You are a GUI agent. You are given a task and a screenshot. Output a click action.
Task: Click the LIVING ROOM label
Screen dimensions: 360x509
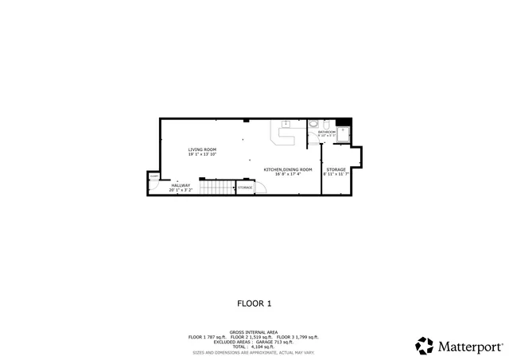coord(202,149)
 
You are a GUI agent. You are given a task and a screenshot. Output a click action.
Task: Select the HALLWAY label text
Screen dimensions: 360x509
coord(181,185)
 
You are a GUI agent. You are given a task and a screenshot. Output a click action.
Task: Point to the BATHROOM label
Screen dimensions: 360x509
coord(327,132)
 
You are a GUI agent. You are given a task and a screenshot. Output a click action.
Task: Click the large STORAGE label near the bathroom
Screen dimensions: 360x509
coord(336,169)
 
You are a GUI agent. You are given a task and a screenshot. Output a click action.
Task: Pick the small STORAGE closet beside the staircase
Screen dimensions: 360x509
coord(245,188)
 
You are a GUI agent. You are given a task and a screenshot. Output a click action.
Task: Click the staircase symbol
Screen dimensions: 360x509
coord(216,188)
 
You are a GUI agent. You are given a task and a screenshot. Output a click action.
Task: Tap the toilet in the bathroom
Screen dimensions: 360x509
coord(314,124)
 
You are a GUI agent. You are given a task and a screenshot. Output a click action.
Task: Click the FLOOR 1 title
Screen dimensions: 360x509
coord(254,303)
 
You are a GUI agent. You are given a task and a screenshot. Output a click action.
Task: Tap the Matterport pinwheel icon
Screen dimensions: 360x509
coord(425,346)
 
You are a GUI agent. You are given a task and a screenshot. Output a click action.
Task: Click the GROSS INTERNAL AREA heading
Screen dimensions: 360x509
coord(254,333)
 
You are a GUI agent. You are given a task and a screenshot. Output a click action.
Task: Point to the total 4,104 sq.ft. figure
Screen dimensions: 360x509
coord(254,346)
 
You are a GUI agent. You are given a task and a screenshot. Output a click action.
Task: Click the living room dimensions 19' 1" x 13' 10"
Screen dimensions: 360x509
coord(202,154)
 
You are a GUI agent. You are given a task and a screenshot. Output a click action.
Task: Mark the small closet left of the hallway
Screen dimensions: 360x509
coord(153,183)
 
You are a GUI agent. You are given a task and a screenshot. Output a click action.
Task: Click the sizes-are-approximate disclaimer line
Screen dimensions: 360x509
coord(254,351)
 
